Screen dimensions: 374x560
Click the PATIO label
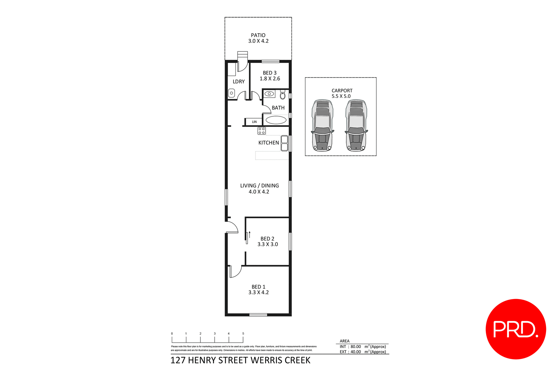point(258,35)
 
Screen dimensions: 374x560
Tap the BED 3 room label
point(269,73)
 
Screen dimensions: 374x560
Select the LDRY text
point(239,82)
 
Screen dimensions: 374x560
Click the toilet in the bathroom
point(282,95)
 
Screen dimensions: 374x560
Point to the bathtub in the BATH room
point(276,120)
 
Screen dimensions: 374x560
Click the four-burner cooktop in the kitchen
point(261,131)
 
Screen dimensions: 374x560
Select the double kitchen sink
point(284,143)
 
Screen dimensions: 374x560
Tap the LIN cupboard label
point(254,122)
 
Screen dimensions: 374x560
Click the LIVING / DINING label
point(259,186)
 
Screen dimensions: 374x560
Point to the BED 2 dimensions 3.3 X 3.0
point(267,244)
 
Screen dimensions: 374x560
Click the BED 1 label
point(258,287)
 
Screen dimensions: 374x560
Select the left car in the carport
point(322,125)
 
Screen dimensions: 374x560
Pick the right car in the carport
point(356,125)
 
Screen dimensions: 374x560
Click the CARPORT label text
point(342,91)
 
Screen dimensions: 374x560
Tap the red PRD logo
point(515,329)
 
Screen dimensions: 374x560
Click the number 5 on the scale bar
point(243,333)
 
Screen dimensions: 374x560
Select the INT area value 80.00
point(356,347)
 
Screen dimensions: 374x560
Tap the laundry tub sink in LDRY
point(231,93)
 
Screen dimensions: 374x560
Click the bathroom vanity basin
point(269,94)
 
